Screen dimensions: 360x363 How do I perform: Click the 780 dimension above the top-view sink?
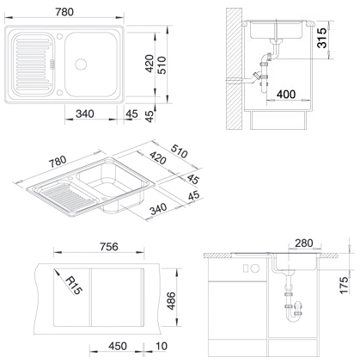click(x=64, y=12)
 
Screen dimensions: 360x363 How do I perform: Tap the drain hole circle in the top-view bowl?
click(x=81, y=65)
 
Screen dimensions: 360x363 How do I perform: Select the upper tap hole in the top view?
click(x=59, y=36)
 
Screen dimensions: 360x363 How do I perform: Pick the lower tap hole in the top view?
click(x=59, y=92)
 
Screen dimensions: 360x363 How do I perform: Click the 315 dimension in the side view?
click(x=322, y=38)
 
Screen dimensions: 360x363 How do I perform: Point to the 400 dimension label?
click(x=286, y=94)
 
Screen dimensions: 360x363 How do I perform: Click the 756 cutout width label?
click(x=109, y=247)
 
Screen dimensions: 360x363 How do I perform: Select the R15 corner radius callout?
click(x=73, y=285)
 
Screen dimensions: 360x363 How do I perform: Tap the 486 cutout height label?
click(x=171, y=300)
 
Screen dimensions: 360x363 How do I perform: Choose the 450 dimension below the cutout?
click(x=118, y=346)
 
